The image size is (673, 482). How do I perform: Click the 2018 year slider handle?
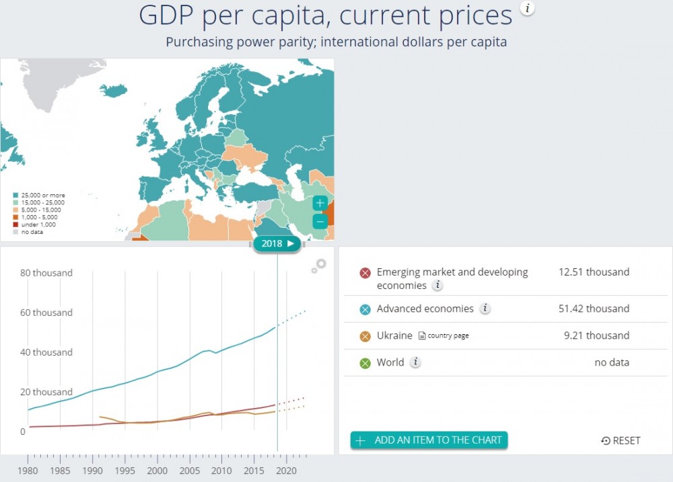277,243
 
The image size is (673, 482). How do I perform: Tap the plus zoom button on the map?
320,203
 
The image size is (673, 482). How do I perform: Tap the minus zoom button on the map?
320,221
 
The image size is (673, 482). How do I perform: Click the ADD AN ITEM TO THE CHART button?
429,440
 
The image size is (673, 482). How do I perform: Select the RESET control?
621,440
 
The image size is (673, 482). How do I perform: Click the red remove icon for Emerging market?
365,273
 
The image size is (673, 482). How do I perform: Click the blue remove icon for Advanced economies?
365,309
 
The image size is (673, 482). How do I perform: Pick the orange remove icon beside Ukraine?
365,336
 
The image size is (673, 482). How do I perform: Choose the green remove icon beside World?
365,363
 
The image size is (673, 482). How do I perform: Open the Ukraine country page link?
444,335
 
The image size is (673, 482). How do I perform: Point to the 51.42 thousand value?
594,309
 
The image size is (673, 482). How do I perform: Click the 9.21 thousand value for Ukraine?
596,335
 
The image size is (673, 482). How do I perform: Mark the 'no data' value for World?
612,363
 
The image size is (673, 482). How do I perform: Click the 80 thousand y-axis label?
46,273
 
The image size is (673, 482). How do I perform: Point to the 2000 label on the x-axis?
157,471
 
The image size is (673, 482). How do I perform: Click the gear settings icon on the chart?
319,266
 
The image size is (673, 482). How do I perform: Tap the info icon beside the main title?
528,7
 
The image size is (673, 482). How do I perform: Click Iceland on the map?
113,90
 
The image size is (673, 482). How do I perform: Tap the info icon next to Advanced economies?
485,309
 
